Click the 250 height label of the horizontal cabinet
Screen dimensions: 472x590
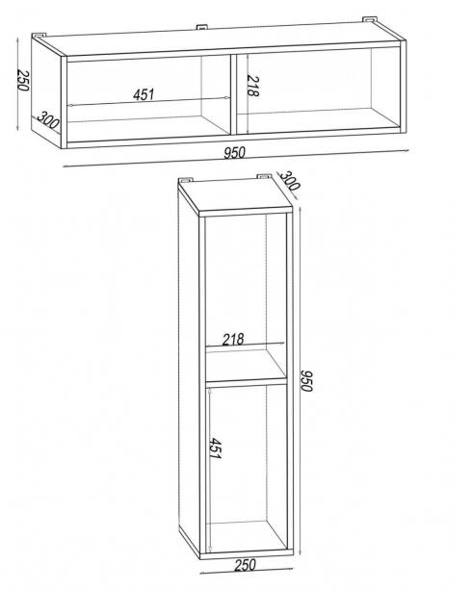click(x=22, y=81)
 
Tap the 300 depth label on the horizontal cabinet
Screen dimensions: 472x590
click(x=48, y=120)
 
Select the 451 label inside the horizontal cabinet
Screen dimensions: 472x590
click(x=144, y=94)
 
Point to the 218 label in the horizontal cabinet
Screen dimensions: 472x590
click(x=253, y=87)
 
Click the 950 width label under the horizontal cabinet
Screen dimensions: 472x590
click(x=234, y=152)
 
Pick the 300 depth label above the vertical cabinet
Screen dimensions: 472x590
click(x=289, y=180)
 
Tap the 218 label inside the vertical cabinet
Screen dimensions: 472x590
click(x=233, y=340)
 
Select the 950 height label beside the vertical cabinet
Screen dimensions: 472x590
click(x=306, y=380)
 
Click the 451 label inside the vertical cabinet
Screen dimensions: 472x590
click(x=215, y=448)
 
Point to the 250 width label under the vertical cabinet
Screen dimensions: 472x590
click(x=246, y=564)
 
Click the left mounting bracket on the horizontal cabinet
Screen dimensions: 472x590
click(x=39, y=35)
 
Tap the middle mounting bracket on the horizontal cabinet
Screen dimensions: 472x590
click(x=201, y=27)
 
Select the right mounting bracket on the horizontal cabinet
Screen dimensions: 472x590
click(x=369, y=19)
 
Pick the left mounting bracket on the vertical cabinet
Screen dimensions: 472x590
click(x=186, y=179)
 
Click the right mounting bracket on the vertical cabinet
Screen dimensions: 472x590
click(x=264, y=176)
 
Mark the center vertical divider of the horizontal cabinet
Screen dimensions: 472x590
click(x=233, y=94)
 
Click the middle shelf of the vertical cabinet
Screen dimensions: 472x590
click(x=246, y=381)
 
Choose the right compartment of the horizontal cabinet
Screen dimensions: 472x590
click(x=318, y=90)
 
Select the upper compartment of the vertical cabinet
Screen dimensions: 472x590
click(x=246, y=297)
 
